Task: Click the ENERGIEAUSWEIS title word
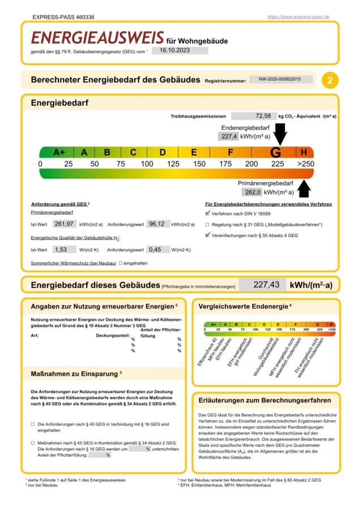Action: click(97, 38)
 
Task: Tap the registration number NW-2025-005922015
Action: click(281, 80)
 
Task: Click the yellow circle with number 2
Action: click(330, 80)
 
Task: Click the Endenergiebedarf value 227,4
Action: click(228, 136)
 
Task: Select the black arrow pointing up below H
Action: click(304, 187)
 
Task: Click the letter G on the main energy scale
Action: click(276, 153)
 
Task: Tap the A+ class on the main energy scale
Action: click(59, 153)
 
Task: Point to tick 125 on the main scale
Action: click(173, 164)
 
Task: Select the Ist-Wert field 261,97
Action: click(64, 224)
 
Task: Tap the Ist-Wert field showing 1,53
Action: click(64, 249)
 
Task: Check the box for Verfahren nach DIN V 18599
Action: click(208, 214)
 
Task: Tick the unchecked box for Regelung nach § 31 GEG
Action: click(208, 225)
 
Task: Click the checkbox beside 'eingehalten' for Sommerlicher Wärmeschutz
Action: click(121, 264)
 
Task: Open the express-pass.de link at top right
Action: click(298, 18)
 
